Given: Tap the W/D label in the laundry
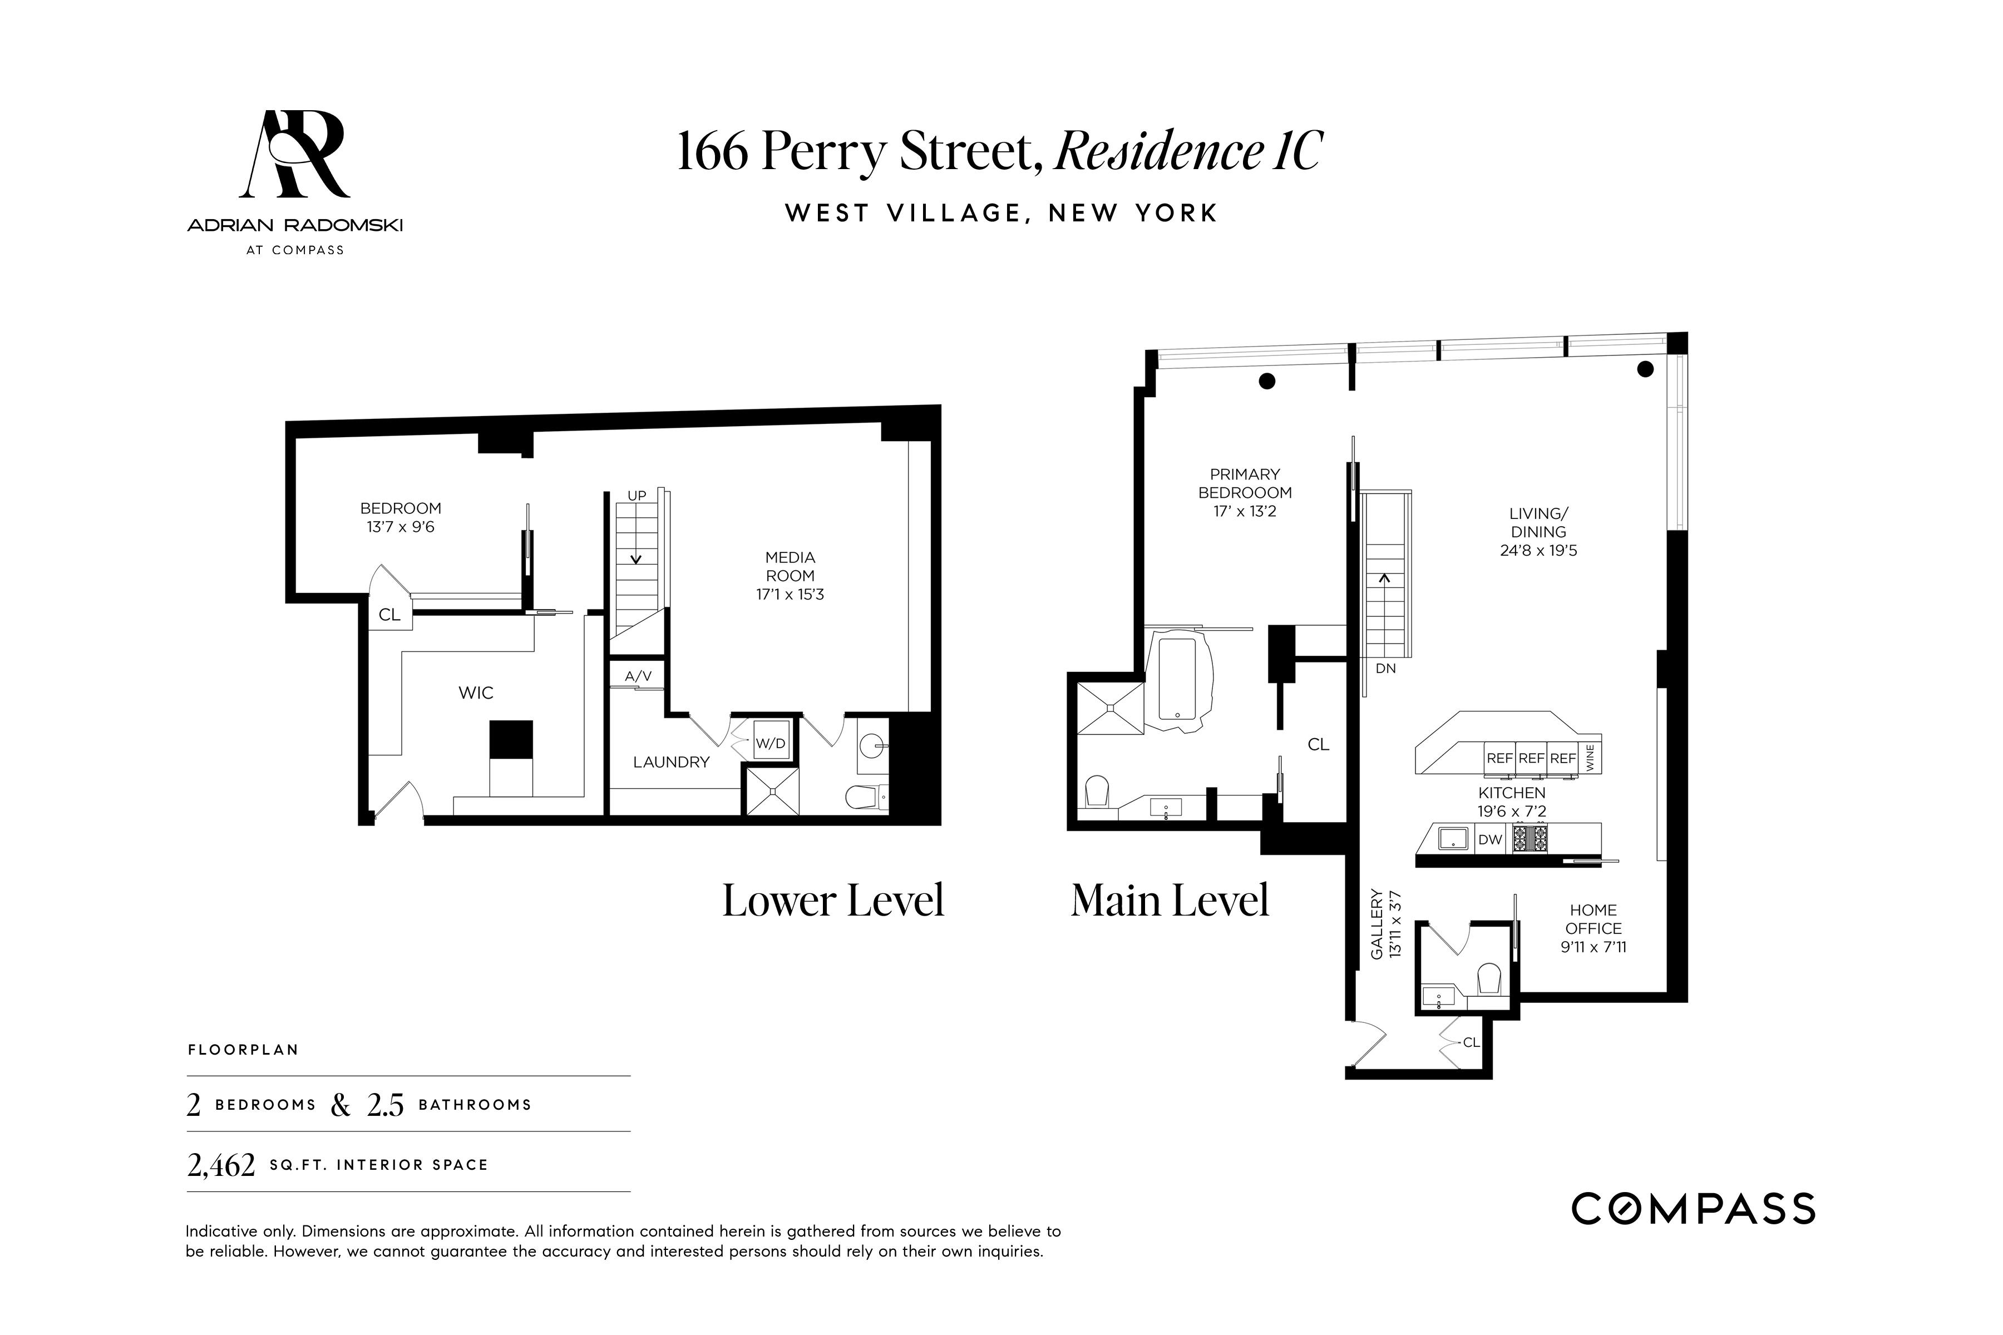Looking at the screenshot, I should (771, 743).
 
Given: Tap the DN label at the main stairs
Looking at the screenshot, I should (1385, 669).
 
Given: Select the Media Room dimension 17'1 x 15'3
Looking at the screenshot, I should (790, 594).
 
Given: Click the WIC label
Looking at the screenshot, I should (475, 693).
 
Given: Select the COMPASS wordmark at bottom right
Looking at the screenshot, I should (1693, 1209).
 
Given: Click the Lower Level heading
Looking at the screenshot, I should (833, 901).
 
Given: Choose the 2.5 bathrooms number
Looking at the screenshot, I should (385, 1105).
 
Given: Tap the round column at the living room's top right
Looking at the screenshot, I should (1645, 369).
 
